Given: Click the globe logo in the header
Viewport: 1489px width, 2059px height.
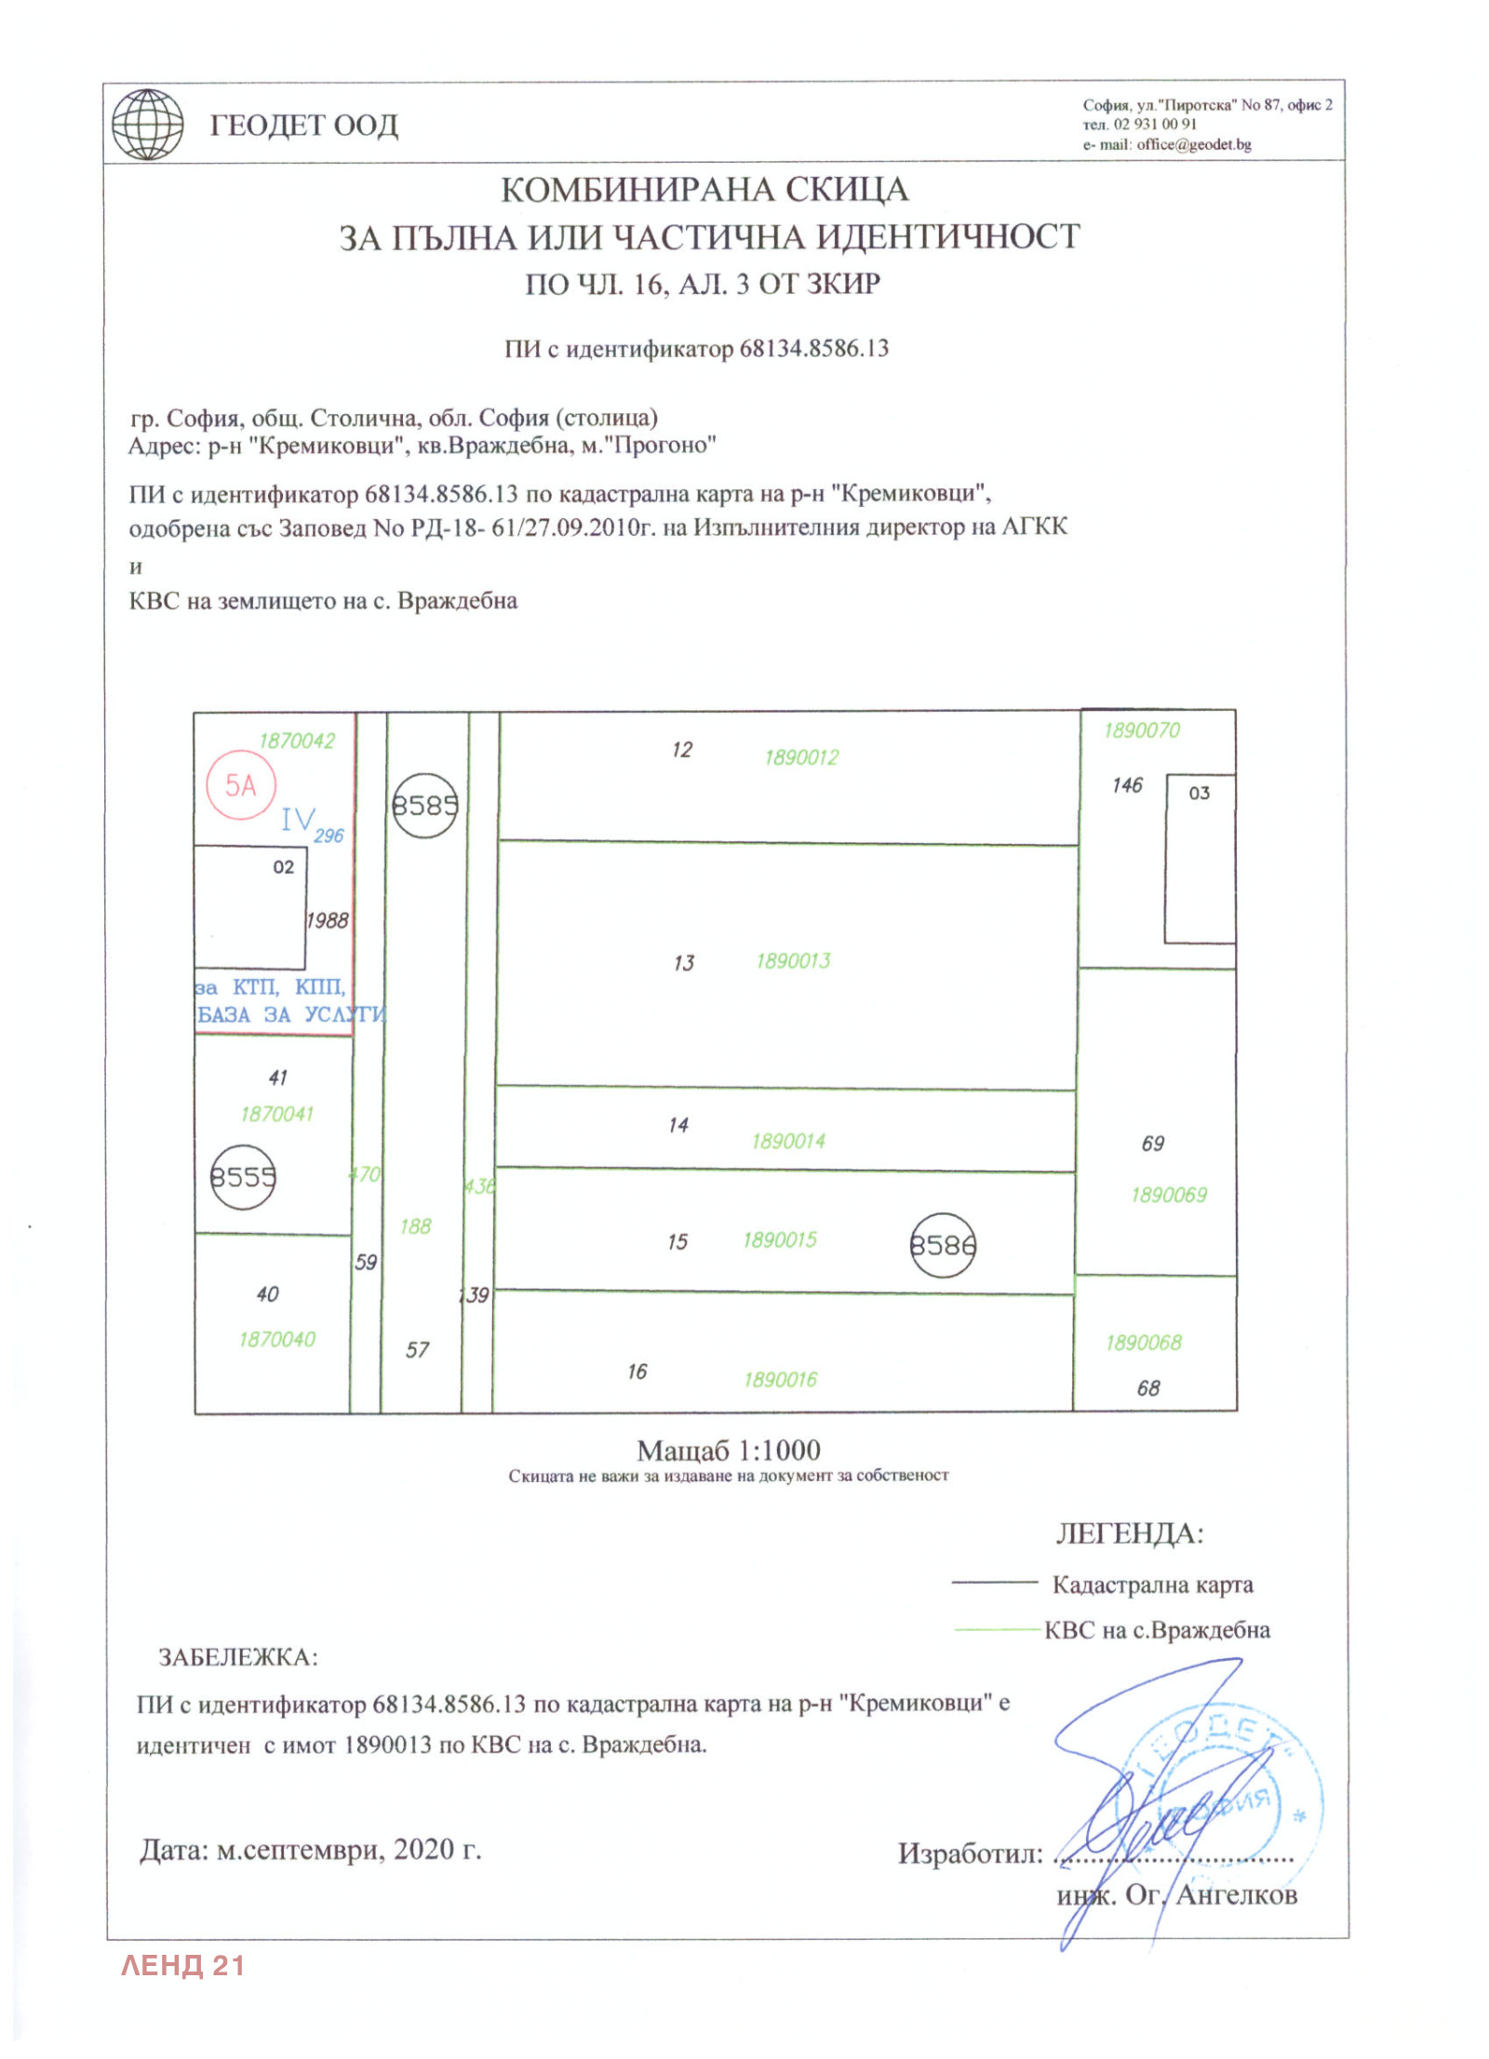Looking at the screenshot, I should tap(147, 125).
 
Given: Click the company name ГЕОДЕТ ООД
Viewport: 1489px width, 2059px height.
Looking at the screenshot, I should tap(303, 126).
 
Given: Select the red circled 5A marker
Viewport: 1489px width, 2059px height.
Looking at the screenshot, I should tap(241, 785).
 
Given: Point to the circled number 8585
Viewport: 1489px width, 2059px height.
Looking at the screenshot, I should tap(424, 805).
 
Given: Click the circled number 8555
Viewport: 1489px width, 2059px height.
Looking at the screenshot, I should tap(242, 1177).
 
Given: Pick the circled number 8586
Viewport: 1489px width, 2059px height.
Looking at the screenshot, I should tap(942, 1245).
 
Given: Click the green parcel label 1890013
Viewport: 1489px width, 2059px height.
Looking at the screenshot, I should tap(793, 961).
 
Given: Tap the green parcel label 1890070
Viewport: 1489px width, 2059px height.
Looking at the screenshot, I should tap(1141, 730).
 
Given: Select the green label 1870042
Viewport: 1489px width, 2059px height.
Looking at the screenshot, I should tap(296, 741).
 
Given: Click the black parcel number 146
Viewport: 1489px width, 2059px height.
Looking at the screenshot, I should tap(1127, 785).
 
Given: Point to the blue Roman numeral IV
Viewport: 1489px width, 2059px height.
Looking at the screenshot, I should tap(298, 819).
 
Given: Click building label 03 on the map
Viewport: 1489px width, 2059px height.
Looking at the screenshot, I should tap(1199, 794).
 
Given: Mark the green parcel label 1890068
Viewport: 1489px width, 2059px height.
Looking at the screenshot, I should tap(1143, 1343).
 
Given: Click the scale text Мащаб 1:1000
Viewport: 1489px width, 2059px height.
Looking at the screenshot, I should tap(728, 1451).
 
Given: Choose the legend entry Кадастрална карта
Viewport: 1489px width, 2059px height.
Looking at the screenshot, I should tap(1152, 1584).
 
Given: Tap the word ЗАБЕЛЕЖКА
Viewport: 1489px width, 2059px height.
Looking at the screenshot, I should tap(238, 1657).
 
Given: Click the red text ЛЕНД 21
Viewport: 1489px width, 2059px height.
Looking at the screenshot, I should tap(182, 1966).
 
